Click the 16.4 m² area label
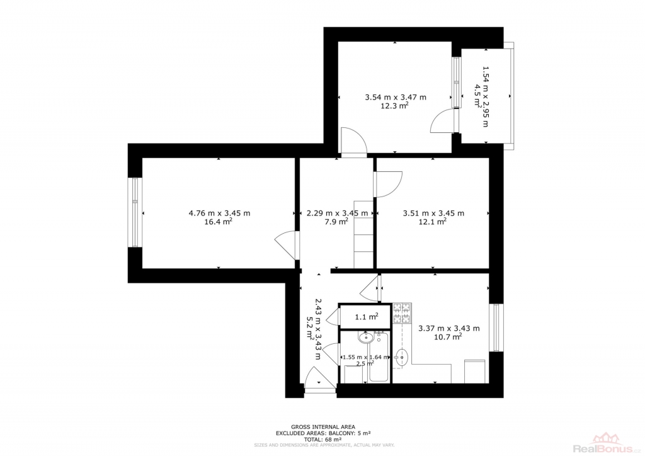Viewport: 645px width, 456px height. [218, 222]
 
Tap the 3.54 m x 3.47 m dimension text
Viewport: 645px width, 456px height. [396, 98]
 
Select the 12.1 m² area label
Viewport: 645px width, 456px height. [433, 222]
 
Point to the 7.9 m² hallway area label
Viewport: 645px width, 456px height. [338, 222]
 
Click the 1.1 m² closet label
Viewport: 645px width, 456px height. [367, 317]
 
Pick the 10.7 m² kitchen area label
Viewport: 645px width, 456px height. [448, 337]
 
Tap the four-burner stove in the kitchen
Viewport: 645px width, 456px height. [402, 312]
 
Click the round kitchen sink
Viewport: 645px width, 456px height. [401, 357]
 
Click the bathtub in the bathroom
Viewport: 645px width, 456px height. [379, 356]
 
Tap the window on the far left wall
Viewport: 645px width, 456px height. [135, 212]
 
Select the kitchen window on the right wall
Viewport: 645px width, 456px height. [496, 328]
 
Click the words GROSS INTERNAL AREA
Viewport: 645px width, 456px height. [323, 427]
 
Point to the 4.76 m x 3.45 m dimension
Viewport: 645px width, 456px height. [219, 213]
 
